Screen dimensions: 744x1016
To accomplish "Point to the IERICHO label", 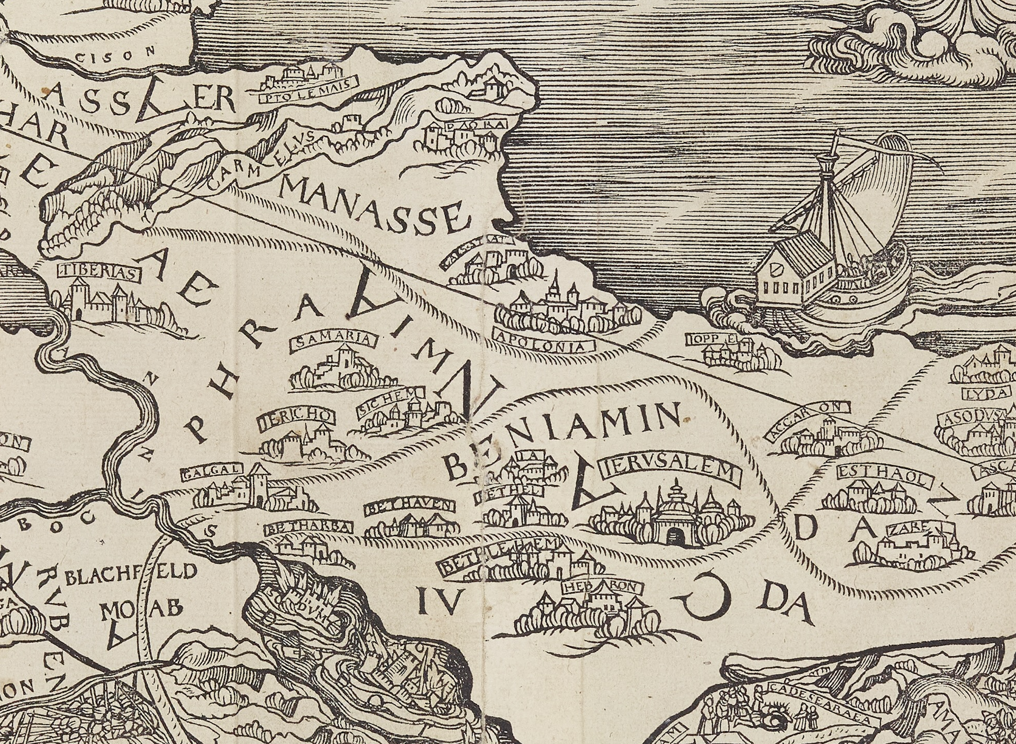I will pyautogui.click(x=296, y=420).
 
